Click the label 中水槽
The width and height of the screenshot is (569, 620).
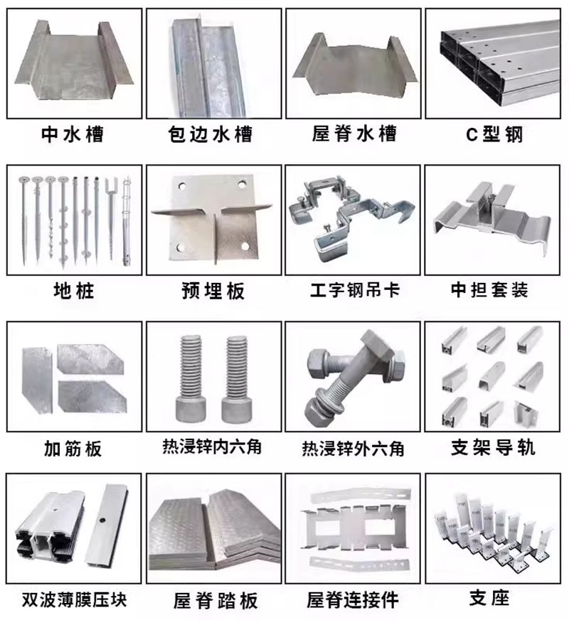tap(73, 134)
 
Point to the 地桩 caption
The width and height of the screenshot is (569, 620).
tap(73, 291)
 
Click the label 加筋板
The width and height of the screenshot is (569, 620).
tap(73, 448)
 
